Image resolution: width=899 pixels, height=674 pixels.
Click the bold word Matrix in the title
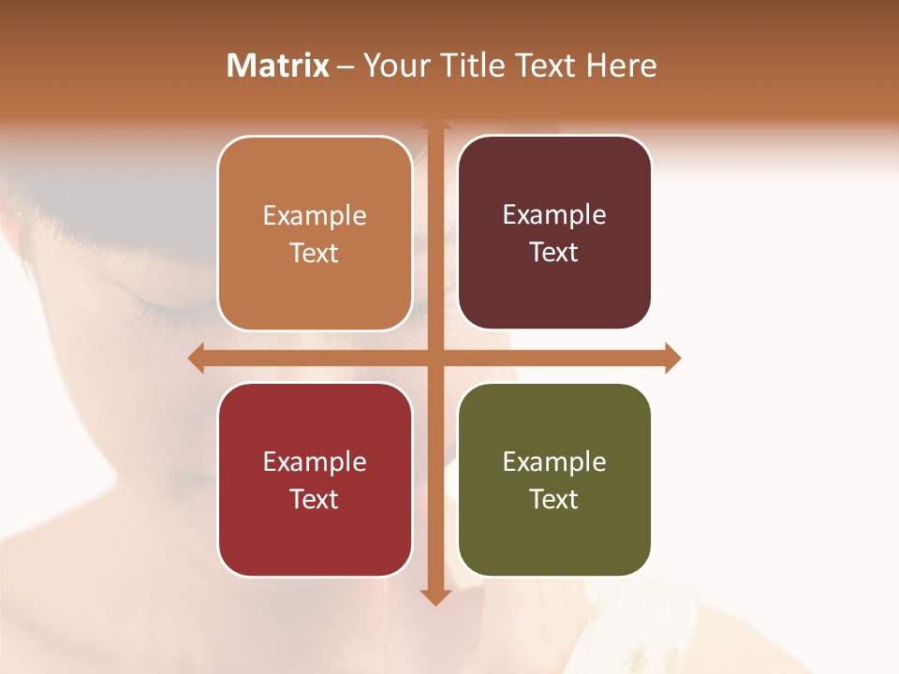click(277, 66)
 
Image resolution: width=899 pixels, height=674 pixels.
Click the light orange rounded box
click(315, 234)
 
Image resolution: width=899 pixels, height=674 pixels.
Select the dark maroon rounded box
click(554, 233)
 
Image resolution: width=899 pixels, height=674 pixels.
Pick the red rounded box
click(315, 479)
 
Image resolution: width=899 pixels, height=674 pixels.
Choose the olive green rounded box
click(554, 479)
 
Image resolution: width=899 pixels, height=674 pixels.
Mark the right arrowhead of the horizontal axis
click(671, 359)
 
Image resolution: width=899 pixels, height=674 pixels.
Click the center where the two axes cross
click(435, 359)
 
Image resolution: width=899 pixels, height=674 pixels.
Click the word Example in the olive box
click(554, 462)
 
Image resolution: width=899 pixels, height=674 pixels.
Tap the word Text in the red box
click(315, 499)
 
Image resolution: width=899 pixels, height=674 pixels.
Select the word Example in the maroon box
click(554, 215)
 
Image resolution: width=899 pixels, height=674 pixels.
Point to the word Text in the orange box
click(315, 254)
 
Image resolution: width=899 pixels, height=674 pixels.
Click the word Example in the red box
click(315, 462)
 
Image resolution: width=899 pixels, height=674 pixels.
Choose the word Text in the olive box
click(554, 499)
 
